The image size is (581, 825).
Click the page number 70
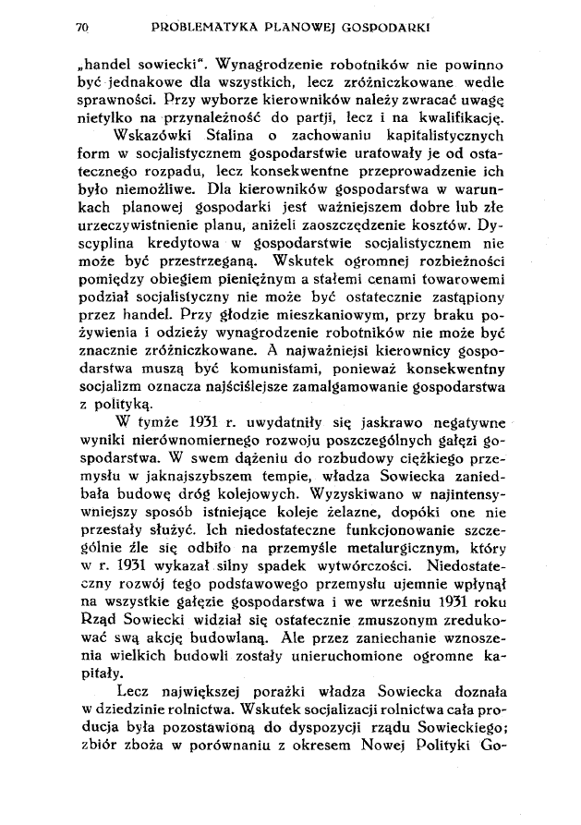click(81, 28)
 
